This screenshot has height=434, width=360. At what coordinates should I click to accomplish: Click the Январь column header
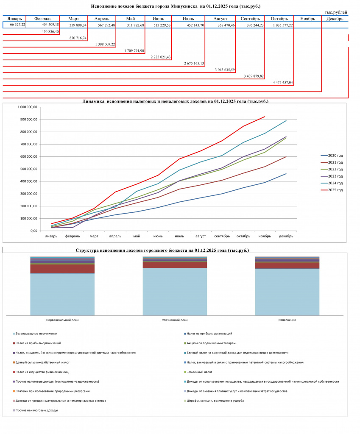pyautogui.click(x=14, y=19)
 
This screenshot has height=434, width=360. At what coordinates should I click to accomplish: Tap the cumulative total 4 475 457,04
pyautogui.click(x=283, y=83)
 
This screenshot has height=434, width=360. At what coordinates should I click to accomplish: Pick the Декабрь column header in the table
pyautogui.click(x=335, y=19)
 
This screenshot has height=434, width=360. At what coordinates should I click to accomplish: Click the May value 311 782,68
pyautogui.click(x=134, y=25)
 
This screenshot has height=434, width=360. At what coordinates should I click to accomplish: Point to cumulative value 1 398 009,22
pyautogui.click(x=105, y=44)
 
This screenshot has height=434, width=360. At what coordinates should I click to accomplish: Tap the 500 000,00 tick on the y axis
pyautogui.click(x=28, y=169)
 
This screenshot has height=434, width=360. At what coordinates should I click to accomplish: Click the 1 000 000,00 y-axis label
pyautogui.click(x=27, y=107)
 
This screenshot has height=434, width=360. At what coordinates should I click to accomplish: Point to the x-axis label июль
pyautogui.click(x=179, y=236)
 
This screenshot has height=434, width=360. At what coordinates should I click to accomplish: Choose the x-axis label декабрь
pyautogui.click(x=286, y=236)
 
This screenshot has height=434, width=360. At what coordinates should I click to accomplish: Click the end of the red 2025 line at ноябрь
pyautogui.click(x=265, y=117)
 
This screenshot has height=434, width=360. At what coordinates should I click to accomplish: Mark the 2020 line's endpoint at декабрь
pyautogui.click(x=286, y=173)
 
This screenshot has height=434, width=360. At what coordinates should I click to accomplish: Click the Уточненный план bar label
pyautogui.click(x=175, y=320)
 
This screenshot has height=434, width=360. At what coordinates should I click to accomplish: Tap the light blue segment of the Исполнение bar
pyautogui.click(x=287, y=292)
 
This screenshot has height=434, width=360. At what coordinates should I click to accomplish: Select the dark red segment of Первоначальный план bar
pyautogui.click(x=62, y=269)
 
